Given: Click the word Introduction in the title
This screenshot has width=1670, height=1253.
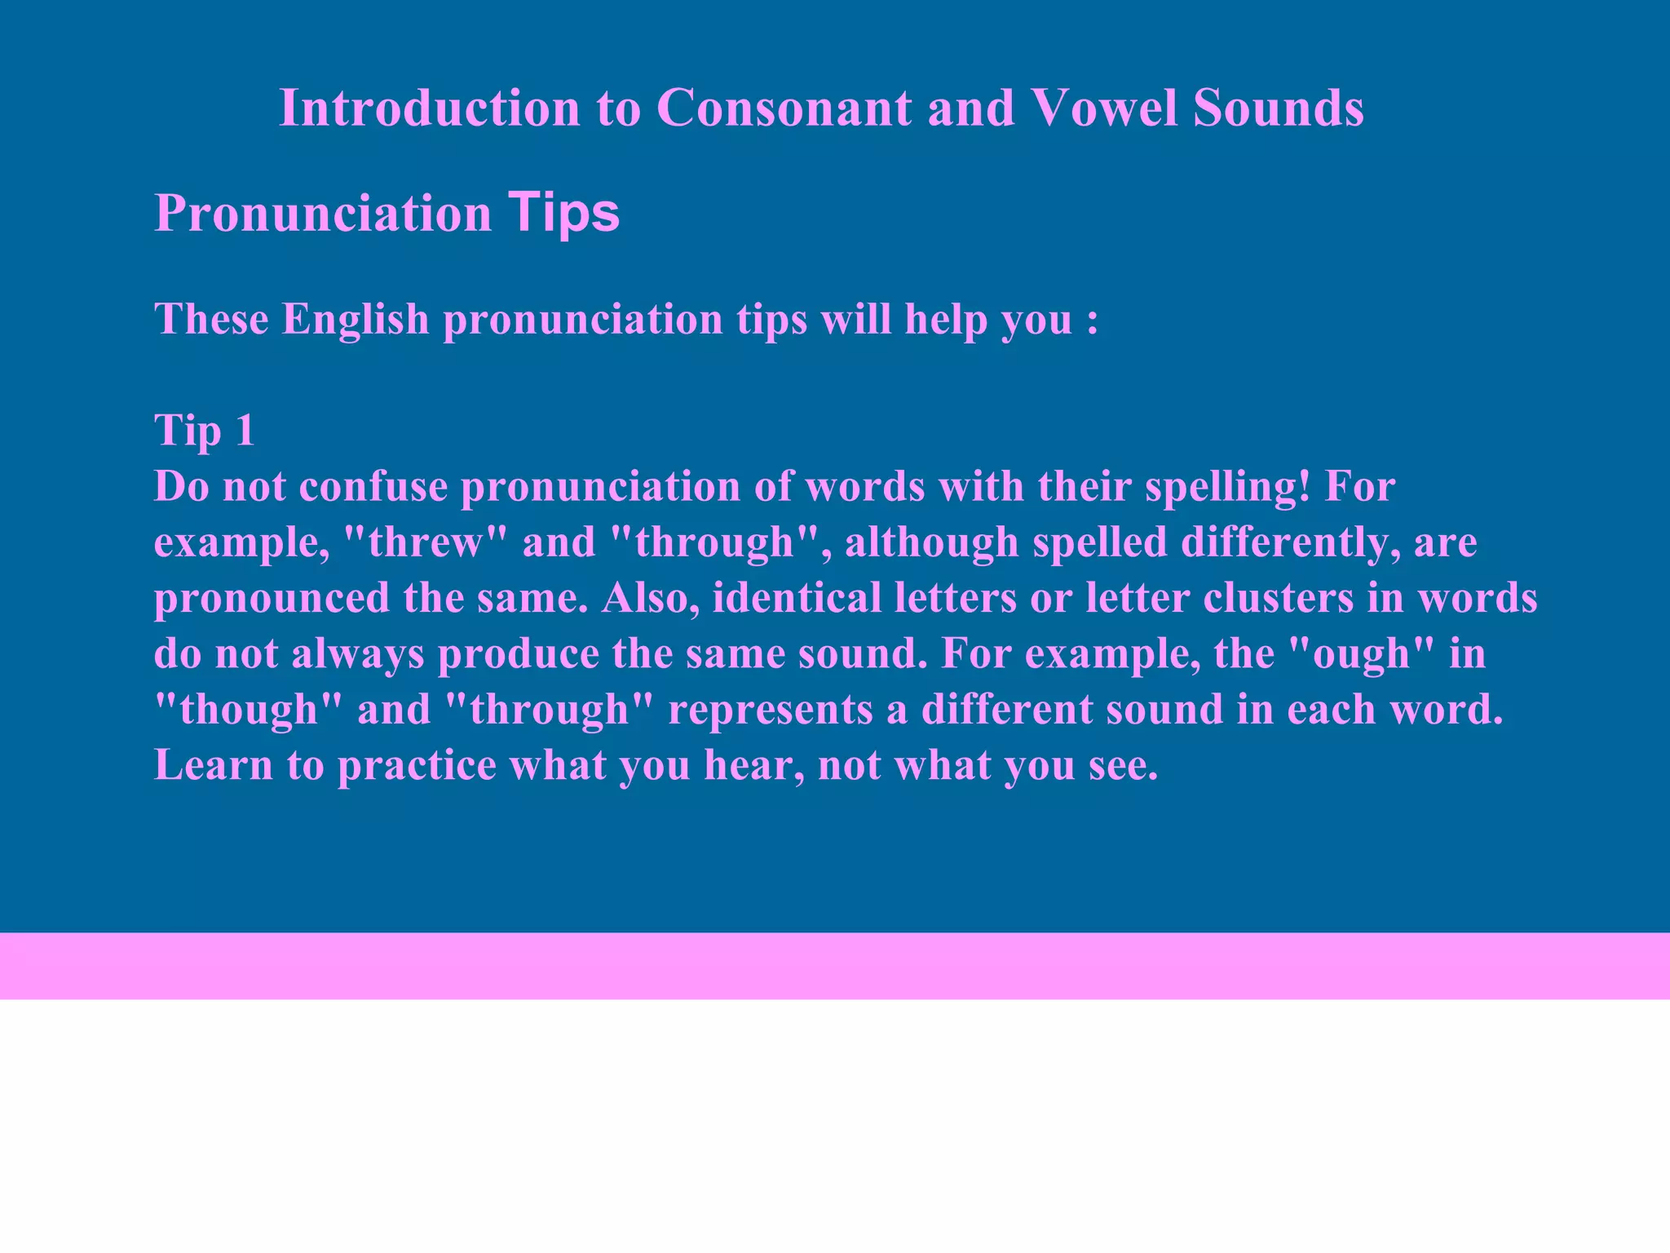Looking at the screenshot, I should pos(429,108).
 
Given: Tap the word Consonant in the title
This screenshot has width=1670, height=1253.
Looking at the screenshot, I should pos(784,108).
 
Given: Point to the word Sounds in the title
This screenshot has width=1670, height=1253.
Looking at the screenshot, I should pos(1278,108).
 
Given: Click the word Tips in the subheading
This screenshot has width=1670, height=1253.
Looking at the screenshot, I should pos(563,214).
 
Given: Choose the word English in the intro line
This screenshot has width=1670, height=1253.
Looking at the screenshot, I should pos(356,319).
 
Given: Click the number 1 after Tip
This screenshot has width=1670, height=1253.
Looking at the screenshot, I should pos(244,430).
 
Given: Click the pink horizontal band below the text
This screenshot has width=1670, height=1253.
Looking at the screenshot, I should pos(835,966).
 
